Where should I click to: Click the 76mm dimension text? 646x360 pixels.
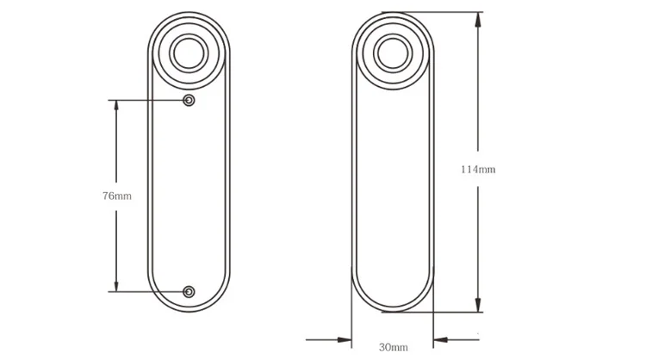pyautogui.click(x=116, y=196)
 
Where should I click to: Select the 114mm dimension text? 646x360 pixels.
pyautogui.click(x=478, y=169)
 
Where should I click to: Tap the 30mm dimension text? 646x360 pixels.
pyautogui.click(x=393, y=347)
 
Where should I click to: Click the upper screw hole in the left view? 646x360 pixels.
pyautogui.click(x=189, y=101)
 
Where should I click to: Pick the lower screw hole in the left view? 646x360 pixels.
pyautogui.click(x=189, y=292)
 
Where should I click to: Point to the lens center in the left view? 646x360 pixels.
pyautogui.click(x=189, y=54)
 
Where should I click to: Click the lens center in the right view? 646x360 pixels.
pyautogui.click(x=392, y=54)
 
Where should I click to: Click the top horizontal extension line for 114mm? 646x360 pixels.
pyautogui.click(x=439, y=12)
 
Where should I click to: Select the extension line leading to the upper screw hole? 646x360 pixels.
pyautogui.click(x=146, y=101)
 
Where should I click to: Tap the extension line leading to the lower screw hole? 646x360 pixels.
pyautogui.click(x=146, y=292)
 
